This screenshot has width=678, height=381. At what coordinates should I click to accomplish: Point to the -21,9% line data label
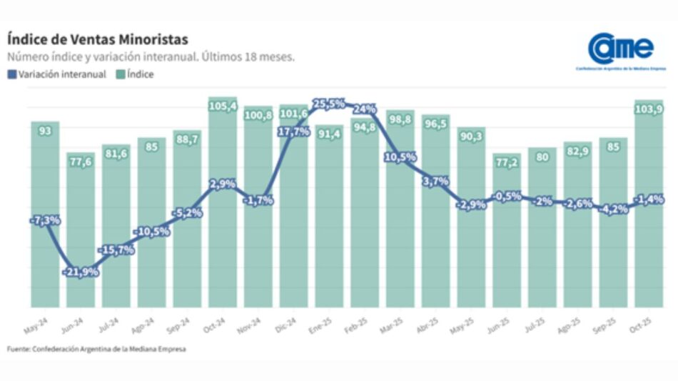click(x=80, y=272)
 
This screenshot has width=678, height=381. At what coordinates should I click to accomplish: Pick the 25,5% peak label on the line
click(x=329, y=104)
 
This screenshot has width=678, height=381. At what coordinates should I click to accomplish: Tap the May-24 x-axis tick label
click(x=41, y=325)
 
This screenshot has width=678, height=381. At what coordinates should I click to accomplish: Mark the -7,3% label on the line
click(x=45, y=220)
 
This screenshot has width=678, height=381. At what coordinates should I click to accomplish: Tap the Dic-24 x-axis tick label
click(x=290, y=325)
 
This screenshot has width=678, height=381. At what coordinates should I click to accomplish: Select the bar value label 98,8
click(x=400, y=119)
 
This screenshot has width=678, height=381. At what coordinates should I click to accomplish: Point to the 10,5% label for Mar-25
click(x=400, y=157)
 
